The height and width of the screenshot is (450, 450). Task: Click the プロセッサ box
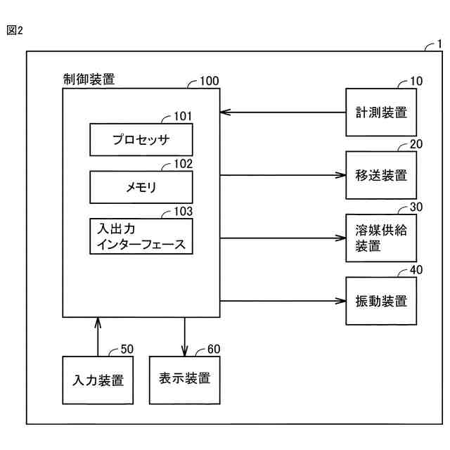(x=141, y=140)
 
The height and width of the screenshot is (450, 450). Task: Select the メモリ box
(x=141, y=187)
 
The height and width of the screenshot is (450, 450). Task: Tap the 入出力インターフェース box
(x=141, y=236)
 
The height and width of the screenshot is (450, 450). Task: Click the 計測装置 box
(x=381, y=112)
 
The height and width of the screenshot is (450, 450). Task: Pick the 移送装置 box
(x=381, y=175)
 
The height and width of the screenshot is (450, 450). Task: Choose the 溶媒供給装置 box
(x=381, y=238)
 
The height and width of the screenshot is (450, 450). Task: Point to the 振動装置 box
(x=381, y=301)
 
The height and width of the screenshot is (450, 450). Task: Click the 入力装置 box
(x=98, y=380)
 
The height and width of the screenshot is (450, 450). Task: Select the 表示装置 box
(x=184, y=380)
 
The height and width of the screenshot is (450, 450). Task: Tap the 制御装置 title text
(x=89, y=79)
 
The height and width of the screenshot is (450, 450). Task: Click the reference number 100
(x=210, y=81)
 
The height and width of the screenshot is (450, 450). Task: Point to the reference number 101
(x=183, y=116)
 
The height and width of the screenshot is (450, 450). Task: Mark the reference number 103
(x=183, y=212)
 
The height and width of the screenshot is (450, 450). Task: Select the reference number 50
(x=127, y=349)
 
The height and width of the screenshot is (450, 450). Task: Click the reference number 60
(x=214, y=349)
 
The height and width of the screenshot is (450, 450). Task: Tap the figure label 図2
(x=15, y=30)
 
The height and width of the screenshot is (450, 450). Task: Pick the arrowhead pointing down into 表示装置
(x=184, y=351)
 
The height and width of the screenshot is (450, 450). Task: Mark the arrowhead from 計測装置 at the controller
(x=226, y=112)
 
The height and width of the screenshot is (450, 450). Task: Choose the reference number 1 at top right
(x=439, y=44)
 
